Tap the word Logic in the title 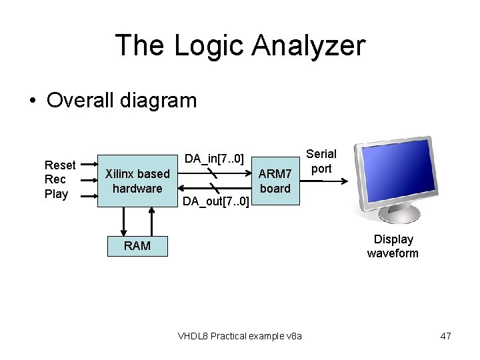point(201,45)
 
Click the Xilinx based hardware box point(137,181)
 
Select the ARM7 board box point(275,181)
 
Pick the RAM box point(137,246)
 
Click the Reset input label point(60,165)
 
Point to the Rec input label point(55,179)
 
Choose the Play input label point(56,194)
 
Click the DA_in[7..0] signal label point(215,159)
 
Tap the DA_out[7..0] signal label point(216,201)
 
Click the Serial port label point(321,161)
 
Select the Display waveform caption point(393,246)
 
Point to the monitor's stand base point(399,215)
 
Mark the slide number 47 point(446,336)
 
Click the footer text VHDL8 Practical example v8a point(240,336)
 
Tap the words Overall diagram point(122,100)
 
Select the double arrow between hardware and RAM point(123,221)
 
